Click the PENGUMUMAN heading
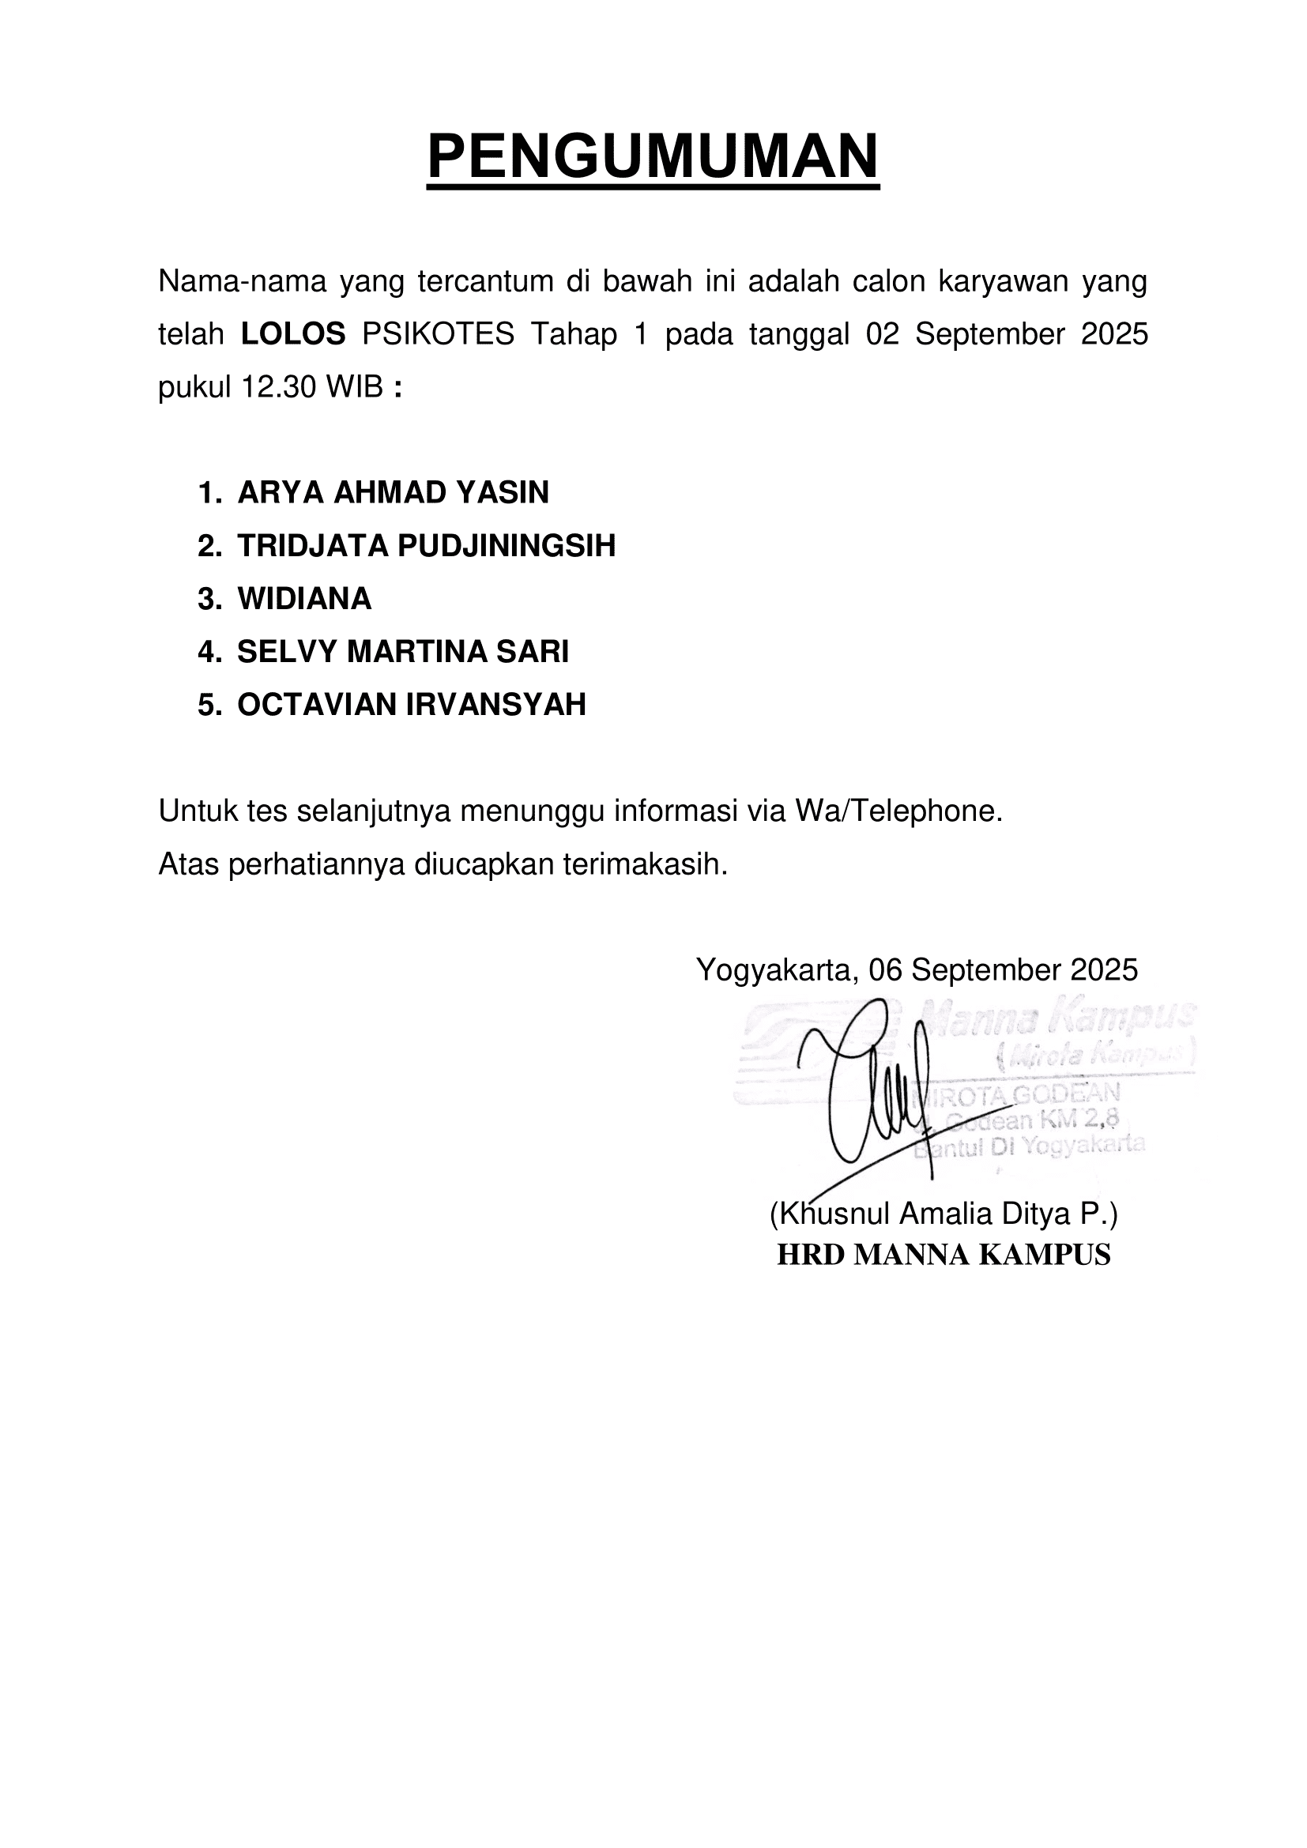click(x=653, y=156)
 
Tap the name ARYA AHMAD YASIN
click(x=393, y=492)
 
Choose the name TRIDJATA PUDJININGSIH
click(x=426, y=546)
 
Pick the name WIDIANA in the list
click(x=304, y=599)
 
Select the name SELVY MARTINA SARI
click(x=402, y=652)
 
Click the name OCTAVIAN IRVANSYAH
click(x=411, y=705)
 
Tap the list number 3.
click(x=209, y=599)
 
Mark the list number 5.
click(x=209, y=705)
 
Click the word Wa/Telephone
click(x=898, y=811)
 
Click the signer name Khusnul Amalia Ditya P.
click(x=944, y=1213)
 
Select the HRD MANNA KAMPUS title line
click(x=944, y=1255)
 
